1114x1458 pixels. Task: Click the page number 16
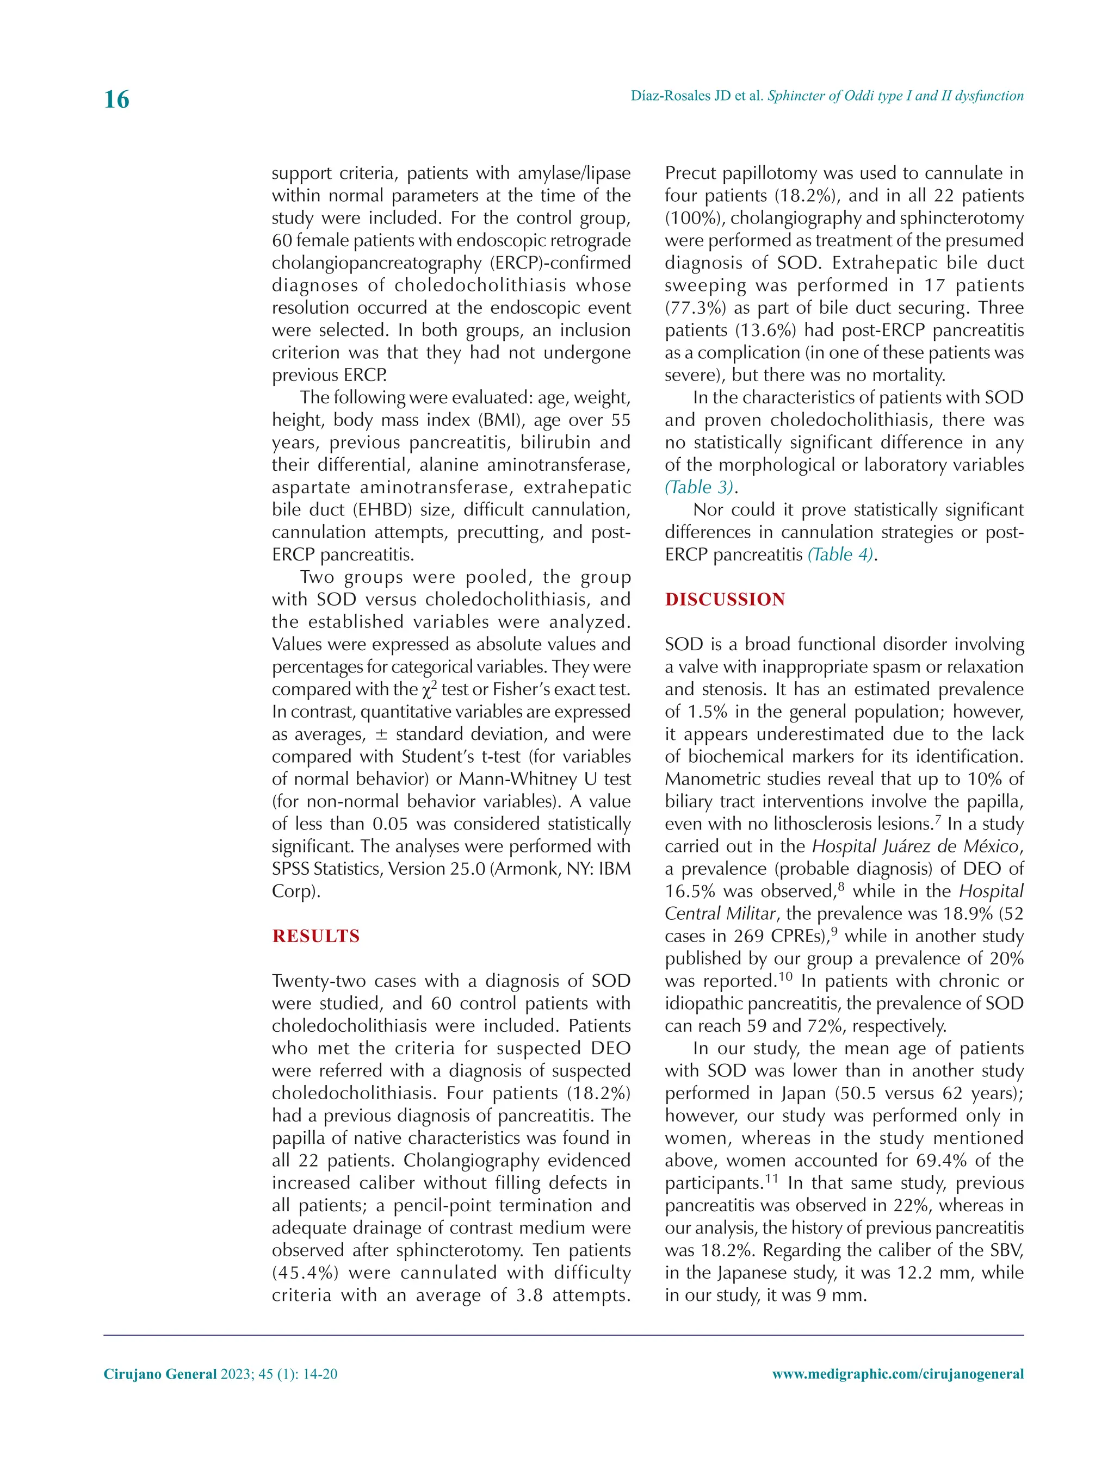[x=117, y=99]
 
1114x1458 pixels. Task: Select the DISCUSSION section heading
[x=725, y=599]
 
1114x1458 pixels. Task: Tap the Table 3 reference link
[x=700, y=487]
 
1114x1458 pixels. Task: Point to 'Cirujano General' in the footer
[x=160, y=1374]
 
